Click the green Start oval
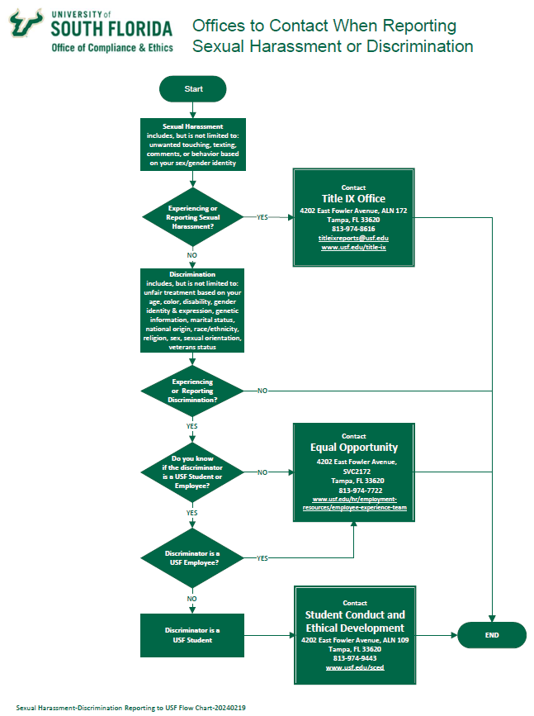(x=192, y=88)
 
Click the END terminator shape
(x=491, y=635)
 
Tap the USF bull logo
(x=26, y=26)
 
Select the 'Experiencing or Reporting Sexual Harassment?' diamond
(x=192, y=217)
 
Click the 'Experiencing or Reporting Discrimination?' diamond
(x=192, y=391)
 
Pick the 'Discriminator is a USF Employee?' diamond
(x=192, y=557)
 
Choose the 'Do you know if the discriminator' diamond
(x=192, y=472)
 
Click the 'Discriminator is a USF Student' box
(x=192, y=635)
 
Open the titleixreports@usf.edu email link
(x=353, y=238)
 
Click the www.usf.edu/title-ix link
(x=353, y=247)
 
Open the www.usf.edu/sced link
(x=354, y=667)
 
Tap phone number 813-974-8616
(x=353, y=229)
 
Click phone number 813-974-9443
(x=354, y=658)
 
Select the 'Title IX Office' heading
(x=353, y=199)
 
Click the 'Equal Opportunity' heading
(x=353, y=448)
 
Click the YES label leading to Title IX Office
(x=262, y=217)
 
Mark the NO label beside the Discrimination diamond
(x=262, y=390)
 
